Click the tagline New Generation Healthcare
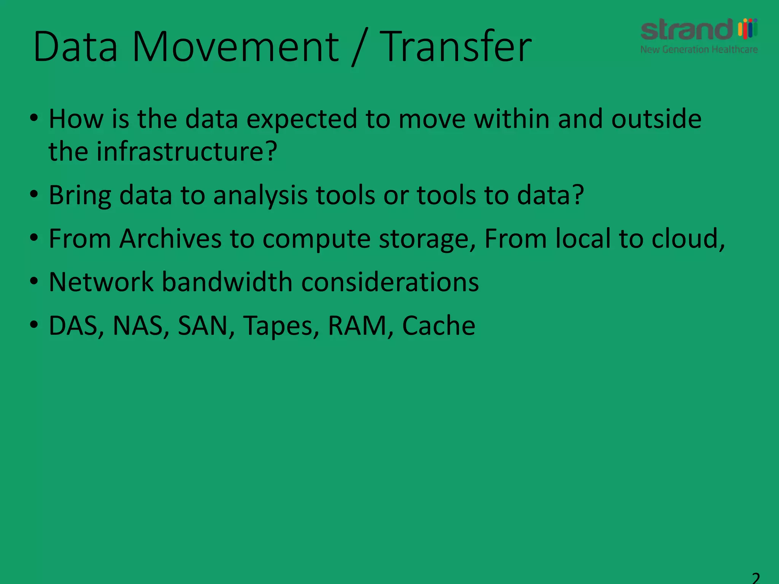(699, 49)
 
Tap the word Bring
(80, 195)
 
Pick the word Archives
(170, 239)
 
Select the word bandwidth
(227, 282)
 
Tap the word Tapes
(278, 326)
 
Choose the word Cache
(439, 326)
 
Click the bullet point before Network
(34, 282)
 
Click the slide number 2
(756, 578)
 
